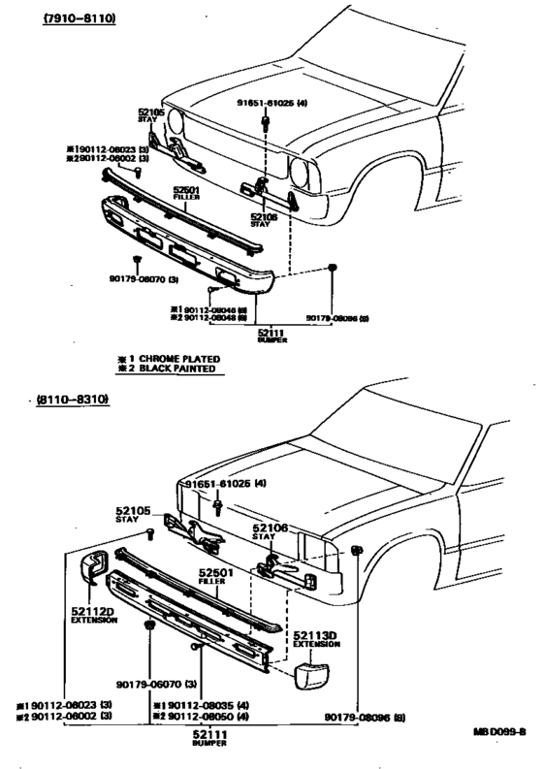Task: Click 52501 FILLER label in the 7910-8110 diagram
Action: coord(186,190)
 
